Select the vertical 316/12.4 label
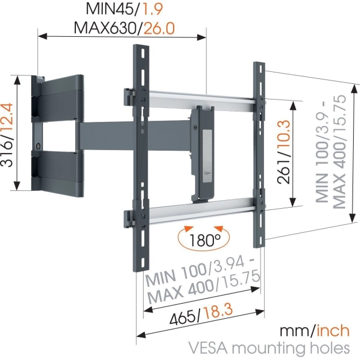coord(7,134)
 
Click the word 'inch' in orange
coord(332,331)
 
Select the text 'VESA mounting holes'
coord(269,348)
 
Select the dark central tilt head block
coord(202,152)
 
